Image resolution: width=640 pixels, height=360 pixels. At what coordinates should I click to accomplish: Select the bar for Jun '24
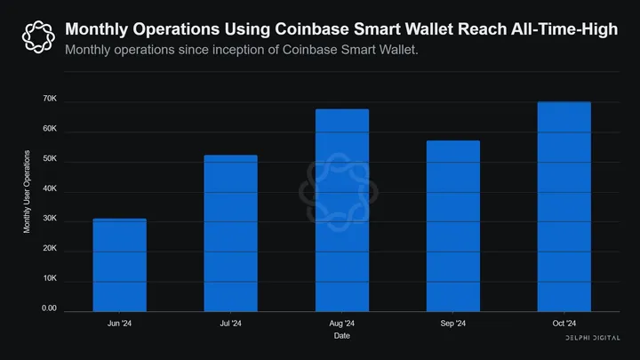120,265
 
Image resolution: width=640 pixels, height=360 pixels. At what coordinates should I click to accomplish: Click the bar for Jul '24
230,233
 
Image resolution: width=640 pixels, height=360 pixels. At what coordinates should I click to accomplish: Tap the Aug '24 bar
341,210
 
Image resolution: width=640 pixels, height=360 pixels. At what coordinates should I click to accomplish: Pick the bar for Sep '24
452,226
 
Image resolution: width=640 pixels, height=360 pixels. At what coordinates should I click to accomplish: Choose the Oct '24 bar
564,206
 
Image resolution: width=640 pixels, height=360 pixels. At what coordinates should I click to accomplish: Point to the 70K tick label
50,100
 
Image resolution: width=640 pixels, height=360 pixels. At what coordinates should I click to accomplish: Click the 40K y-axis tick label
50,190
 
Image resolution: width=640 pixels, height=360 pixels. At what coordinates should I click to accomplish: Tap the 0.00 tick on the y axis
49,309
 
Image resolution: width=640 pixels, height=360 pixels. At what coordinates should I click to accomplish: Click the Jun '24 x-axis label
120,324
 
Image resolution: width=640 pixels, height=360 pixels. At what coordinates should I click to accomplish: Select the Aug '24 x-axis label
341,324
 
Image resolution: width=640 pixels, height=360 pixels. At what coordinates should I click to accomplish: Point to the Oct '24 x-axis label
564,324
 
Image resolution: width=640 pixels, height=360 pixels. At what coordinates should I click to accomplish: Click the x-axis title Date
341,336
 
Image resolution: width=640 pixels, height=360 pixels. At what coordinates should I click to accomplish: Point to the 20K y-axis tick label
50,250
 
